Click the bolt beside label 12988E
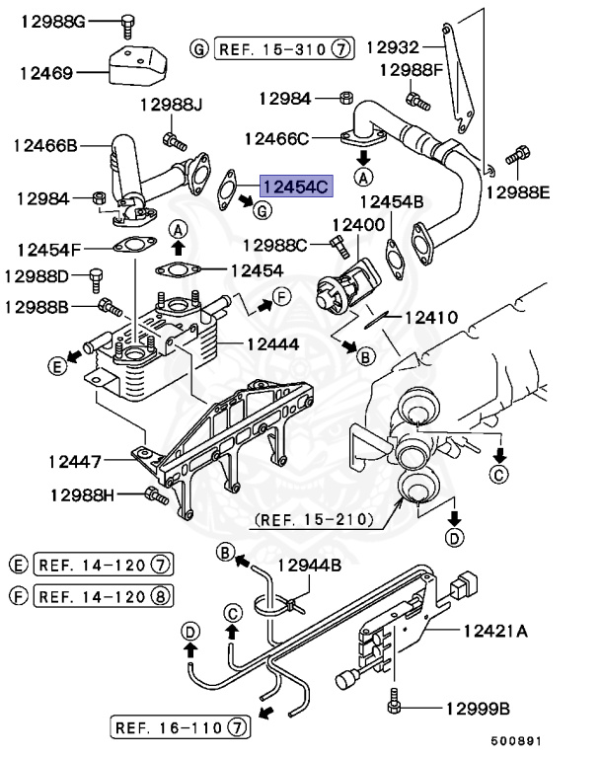517,156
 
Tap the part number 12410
430,318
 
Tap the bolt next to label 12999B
394,707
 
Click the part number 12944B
308,566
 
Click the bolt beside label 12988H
151,493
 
